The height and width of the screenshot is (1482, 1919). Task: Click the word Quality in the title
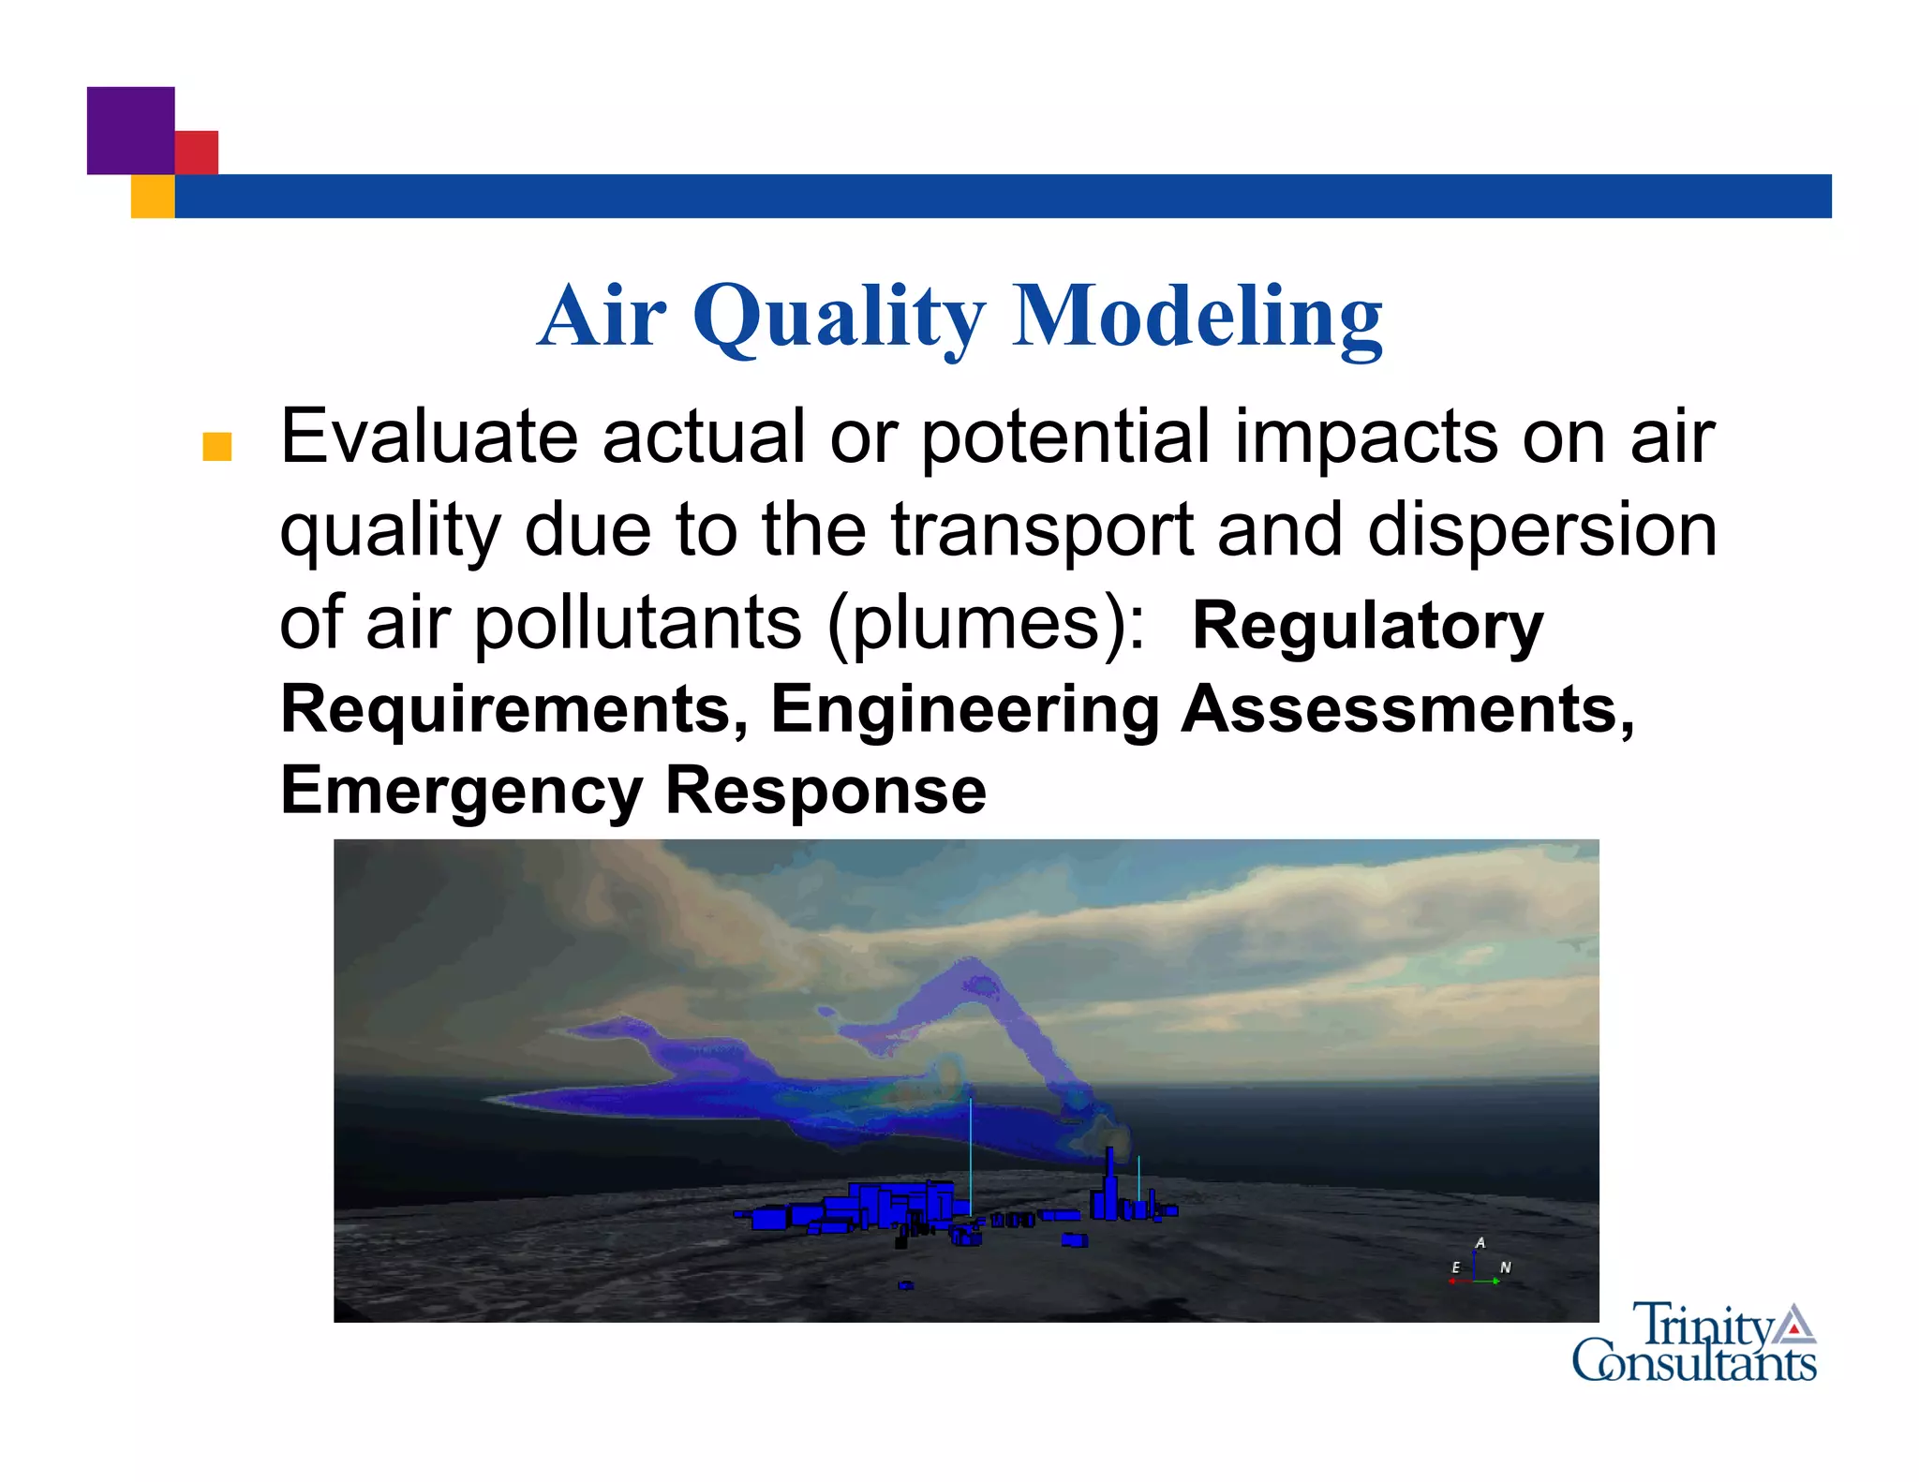pos(839,316)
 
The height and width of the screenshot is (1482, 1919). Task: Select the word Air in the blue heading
pos(602,316)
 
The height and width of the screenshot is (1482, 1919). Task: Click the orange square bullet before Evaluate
pos(216,447)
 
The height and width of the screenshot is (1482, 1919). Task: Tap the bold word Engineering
pos(965,709)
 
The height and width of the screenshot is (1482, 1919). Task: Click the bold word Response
pos(826,792)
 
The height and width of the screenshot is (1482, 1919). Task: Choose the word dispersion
pos(1541,530)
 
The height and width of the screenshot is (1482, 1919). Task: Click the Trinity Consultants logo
pos(1694,1343)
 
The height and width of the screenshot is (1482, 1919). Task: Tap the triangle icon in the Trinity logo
pos(1793,1324)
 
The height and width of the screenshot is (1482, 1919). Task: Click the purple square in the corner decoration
pos(130,130)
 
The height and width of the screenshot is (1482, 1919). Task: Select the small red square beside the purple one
pos(197,152)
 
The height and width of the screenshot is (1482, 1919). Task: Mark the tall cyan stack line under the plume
pos(970,1157)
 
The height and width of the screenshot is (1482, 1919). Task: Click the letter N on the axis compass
pos(1505,1267)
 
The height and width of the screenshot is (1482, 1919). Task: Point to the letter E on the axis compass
pos(1455,1267)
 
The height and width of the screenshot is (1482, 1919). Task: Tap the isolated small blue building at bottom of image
pos(905,1285)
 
